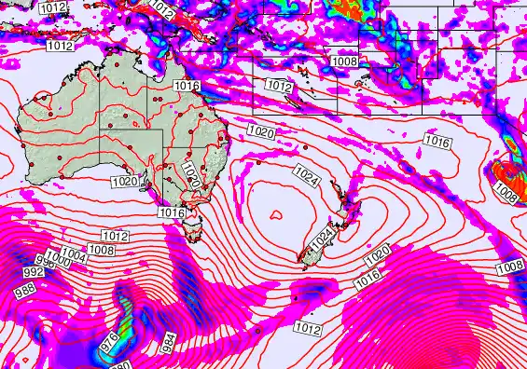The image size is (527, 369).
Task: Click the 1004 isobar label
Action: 73,253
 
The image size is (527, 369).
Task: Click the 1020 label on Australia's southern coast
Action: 123,181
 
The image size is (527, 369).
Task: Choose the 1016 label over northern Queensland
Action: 187,86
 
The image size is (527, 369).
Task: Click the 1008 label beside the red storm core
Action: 505,194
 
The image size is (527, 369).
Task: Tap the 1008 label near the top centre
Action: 344,61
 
